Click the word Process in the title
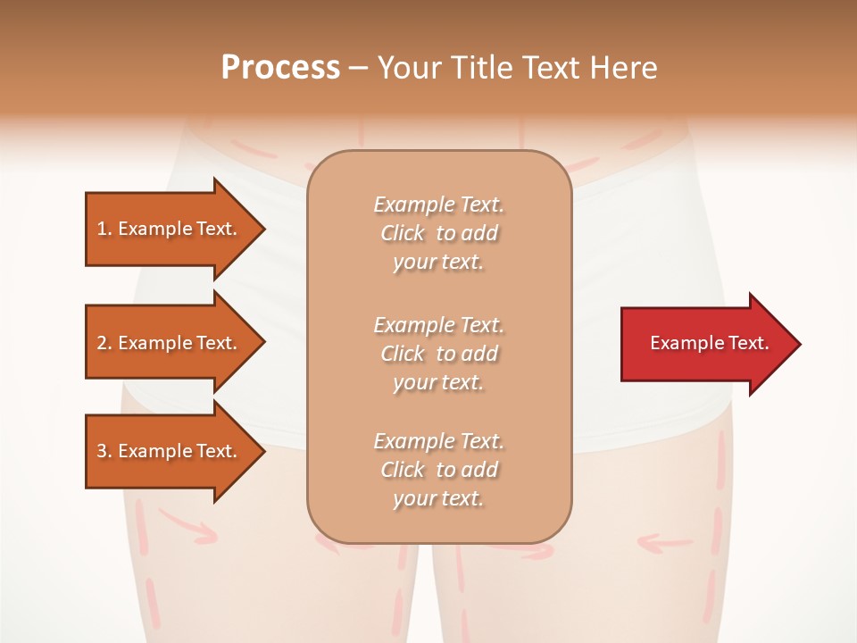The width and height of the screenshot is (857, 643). coord(280,68)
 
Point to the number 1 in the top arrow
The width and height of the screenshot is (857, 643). coord(102,229)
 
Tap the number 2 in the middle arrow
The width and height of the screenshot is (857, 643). coord(103,343)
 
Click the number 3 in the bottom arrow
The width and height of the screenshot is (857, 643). coord(103,451)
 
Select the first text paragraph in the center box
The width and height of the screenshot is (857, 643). coord(438,233)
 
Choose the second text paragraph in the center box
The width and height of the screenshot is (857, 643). coord(438,353)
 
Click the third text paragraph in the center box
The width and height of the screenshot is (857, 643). coord(438,469)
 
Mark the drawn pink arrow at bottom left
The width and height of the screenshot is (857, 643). coord(187,528)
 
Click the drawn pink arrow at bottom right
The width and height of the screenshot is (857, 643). coord(665,541)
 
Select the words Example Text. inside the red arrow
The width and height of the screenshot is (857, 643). coord(710,343)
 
